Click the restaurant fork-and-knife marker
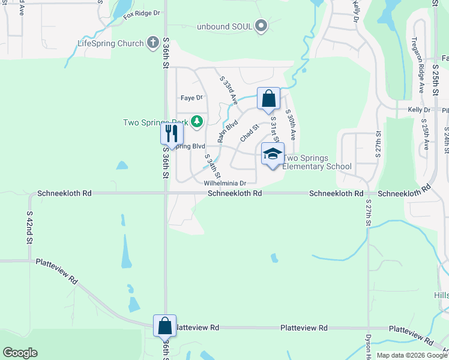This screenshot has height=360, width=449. point(172,134)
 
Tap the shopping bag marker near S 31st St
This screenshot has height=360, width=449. point(269,98)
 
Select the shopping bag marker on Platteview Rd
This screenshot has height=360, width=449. point(165,326)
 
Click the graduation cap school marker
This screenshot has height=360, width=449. point(273,154)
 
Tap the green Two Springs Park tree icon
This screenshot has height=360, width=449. point(196,122)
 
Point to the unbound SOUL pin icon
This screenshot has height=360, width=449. point(261,26)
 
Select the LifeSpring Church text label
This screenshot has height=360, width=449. point(110,43)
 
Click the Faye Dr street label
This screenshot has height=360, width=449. point(192,97)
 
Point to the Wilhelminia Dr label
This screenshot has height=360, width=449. point(225,183)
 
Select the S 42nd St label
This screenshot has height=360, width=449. point(29,227)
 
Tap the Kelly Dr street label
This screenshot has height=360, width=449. point(419,110)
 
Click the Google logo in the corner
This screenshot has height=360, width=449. point(20,353)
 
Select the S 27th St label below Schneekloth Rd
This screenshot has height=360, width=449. point(368,212)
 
